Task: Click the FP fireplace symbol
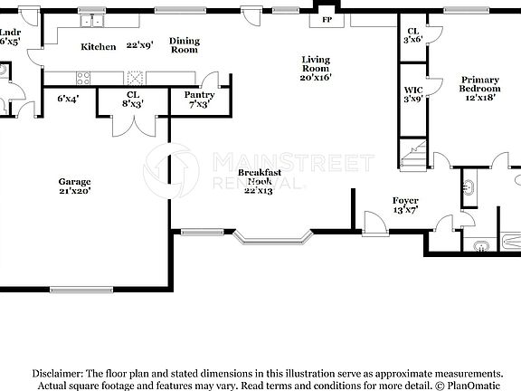(x=326, y=18)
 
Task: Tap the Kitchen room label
(x=99, y=47)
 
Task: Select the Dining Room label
(x=185, y=45)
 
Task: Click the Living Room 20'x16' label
(x=316, y=68)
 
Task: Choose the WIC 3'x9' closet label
(x=414, y=95)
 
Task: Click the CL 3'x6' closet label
(x=413, y=35)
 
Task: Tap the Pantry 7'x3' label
(x=198, y=100)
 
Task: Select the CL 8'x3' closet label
(x=133, y=100)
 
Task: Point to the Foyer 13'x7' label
(x=404, y=205)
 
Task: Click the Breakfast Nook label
(x=260, y=177)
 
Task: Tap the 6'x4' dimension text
(x=69, y=99)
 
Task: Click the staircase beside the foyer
(x=414, y=157)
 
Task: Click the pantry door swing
(x=211, y=81)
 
